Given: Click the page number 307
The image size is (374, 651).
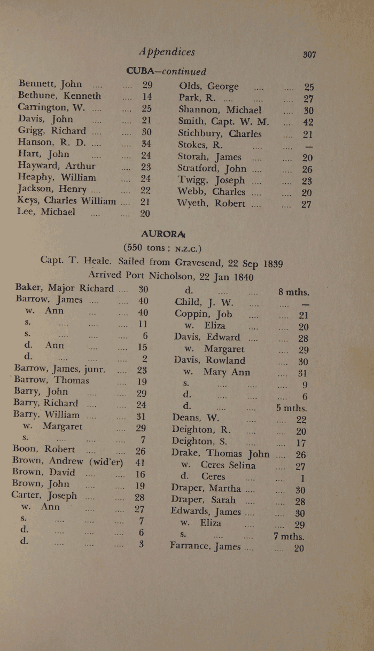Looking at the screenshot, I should coord(309,54).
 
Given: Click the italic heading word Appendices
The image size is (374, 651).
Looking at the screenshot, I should coord(166,52).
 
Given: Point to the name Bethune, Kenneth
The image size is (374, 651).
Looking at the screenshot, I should coord(59,96).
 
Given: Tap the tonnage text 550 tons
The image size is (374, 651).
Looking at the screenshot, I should coord(147,248).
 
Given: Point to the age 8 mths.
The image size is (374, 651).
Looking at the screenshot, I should coord(294,292).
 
